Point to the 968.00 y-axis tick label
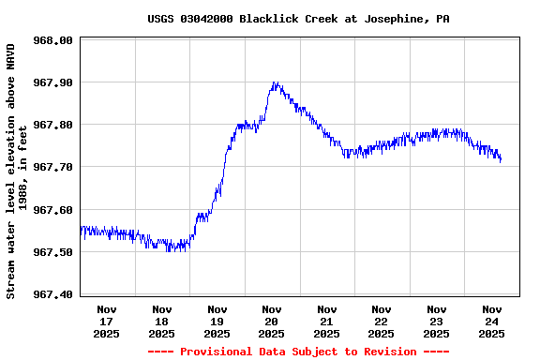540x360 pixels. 52,40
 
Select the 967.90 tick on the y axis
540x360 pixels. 52,82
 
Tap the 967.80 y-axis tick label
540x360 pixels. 52,125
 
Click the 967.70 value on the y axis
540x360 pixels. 52,167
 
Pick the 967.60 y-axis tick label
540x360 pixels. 52,210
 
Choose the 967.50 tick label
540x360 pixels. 52,252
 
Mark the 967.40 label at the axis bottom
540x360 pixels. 52,294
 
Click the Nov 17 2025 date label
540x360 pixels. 107,321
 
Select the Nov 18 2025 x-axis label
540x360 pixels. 162,321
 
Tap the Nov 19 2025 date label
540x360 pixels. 217,321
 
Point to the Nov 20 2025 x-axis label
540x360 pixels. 272,321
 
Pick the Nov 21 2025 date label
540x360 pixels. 326,321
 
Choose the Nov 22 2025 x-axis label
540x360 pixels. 382,321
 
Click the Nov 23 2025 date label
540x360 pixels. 436,321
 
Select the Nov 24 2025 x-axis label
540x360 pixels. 491,321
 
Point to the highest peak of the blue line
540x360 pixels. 274,82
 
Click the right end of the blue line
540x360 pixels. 501,160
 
